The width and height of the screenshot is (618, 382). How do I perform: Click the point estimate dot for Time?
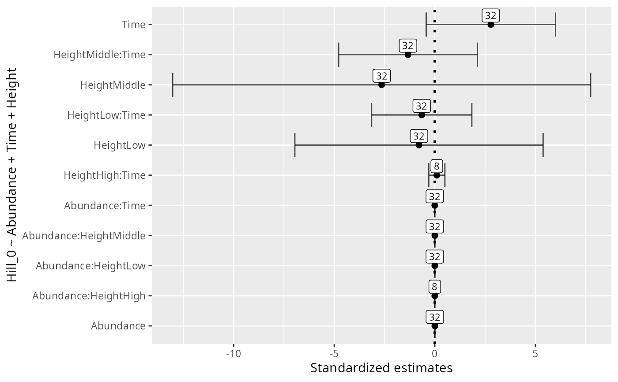490,24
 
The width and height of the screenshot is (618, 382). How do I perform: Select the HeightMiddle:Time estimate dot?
408,55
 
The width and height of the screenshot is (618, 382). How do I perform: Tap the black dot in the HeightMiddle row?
381,85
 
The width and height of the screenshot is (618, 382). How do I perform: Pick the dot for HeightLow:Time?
422,115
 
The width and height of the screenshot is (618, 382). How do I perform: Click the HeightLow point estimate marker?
419,145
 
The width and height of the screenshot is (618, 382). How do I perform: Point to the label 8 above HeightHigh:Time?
437,166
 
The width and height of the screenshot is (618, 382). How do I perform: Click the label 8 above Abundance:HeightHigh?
435,287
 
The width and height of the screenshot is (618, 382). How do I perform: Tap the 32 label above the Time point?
490,15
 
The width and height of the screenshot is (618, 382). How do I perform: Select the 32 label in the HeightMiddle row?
381,76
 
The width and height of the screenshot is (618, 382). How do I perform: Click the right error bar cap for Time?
555,24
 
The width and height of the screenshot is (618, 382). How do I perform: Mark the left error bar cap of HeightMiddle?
173,85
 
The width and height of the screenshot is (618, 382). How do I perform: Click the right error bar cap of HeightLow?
543,145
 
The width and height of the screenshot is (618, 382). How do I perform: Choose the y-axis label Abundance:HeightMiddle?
84,236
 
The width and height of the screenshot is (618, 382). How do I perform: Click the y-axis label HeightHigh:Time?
105,175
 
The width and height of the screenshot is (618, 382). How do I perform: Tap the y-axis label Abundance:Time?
105,205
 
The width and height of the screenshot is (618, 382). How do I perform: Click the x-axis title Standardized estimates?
381,368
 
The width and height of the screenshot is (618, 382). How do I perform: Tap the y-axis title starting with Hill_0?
11,175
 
